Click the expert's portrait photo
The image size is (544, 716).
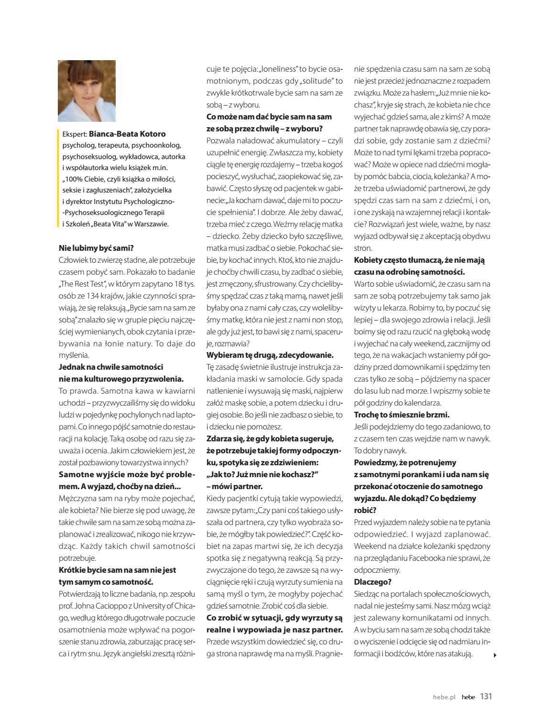pyautogui.click(x=87, y=91)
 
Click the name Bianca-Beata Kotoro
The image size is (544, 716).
pyautogui.click(x=127, y=134)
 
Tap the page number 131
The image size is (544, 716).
pyautogui.click(x=486, y=696)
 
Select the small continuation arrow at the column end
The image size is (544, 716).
pyautogui.click(x=495, y=655)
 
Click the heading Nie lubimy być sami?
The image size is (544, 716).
pyautogui.click(x=96, y=248)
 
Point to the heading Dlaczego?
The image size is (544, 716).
pyautogui.click(x=373, y=582)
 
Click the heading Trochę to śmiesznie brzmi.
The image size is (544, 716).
pyautogui.click(x=402, y=415)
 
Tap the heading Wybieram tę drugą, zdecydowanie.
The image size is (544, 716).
pyautogui.click(x=270, y=355)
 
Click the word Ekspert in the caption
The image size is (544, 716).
pyautogui.click(x=75, y=134)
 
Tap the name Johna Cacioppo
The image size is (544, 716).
pyautogui.click(x=101, y=606)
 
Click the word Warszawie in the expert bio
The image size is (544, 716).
pyautogui.click(x=152, y=224)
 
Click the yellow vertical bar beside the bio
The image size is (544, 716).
pyautogui.click(x=59, y=178)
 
